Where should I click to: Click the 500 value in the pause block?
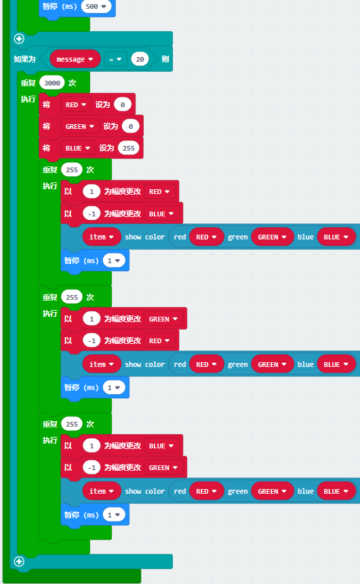[96, 6]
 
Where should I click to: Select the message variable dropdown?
[75, 59]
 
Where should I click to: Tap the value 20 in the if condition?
[140, 59]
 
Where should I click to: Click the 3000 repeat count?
[52, 83]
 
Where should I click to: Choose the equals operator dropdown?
[115, 59]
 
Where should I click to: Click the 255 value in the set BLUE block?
[129, 148]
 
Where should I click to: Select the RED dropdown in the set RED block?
[75, 104]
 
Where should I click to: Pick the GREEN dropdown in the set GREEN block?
[80, 126]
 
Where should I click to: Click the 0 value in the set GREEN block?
[131, 126]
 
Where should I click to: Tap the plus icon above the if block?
[19, 39]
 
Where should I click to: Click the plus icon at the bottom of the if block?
[19, 562]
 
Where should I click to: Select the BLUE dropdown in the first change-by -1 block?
[161, 214]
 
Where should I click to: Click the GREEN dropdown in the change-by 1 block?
[163, 319]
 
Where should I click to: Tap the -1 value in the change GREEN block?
[92, 467]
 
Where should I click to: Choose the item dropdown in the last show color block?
[101, 491]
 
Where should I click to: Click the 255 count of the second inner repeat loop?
[72, 297]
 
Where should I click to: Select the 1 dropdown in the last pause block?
[114, 515]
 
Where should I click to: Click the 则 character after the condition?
[165, 59]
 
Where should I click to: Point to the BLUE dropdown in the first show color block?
[336, 237]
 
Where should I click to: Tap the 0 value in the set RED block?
[123, 104]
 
